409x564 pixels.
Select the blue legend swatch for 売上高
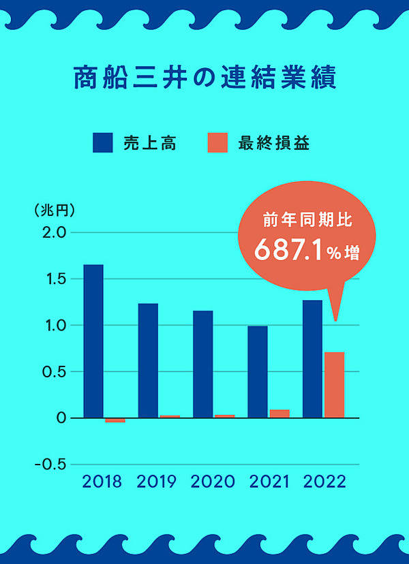[103, 143]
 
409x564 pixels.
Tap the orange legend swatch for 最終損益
[217, 143]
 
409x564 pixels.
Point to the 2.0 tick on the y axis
[52, 233]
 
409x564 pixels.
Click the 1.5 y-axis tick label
[52, 279]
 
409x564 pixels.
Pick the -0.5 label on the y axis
[50, 465]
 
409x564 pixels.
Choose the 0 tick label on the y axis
[61, 418]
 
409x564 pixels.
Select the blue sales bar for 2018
[93, 341]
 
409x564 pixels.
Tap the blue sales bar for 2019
[148, 360]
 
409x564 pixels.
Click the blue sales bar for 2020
[202, 364]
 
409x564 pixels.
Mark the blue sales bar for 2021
[257, 372]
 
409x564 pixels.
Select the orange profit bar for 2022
[334, 385]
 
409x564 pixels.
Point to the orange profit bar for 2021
[279, 413]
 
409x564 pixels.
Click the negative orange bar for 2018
[115, 420]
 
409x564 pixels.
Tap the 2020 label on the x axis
[213, 482]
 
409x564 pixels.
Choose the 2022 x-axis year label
[324, 482]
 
